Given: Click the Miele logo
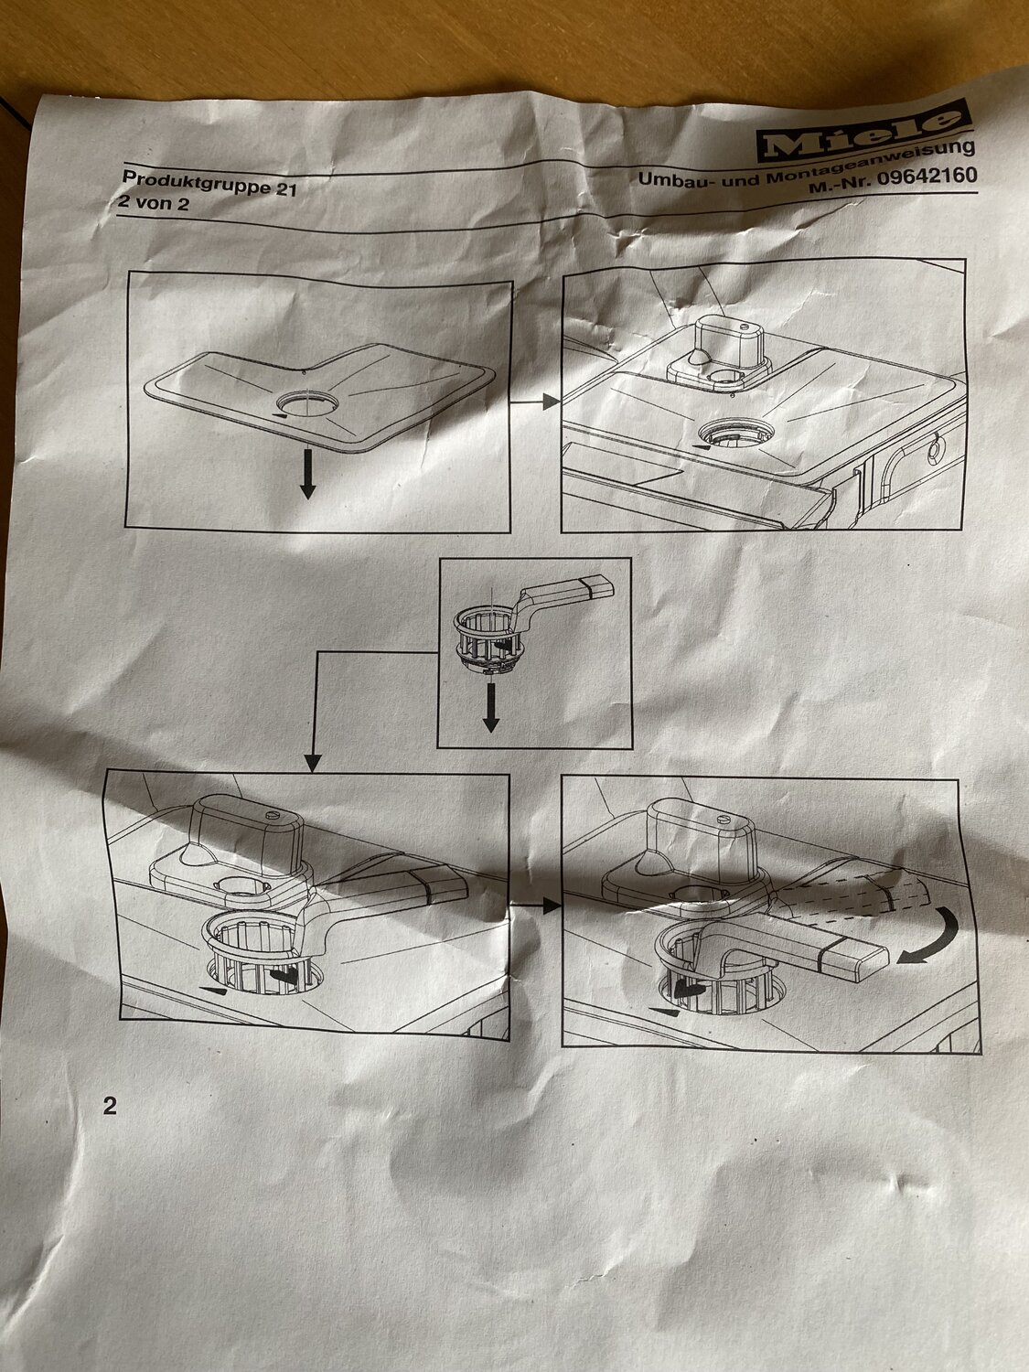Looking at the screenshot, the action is pos(863,137).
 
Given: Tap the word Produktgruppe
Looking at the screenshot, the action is pos(195,183).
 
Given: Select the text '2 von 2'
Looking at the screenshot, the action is pos(153,202).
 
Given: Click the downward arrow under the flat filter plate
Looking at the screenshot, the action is pos(306,474).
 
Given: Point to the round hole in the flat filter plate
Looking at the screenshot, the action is pos(308,403).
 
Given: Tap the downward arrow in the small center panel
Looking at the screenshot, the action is pos(491,707).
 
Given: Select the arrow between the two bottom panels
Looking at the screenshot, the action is pos(535,905).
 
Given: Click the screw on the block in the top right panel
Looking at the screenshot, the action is pos(744,327).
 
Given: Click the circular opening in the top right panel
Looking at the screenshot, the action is pos(736,433).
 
